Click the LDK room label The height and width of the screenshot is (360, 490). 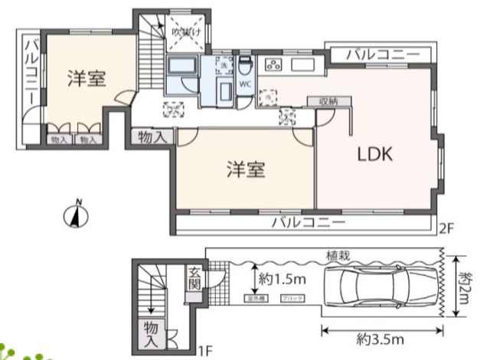point(375,154)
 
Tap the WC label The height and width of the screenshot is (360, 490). point(245,84)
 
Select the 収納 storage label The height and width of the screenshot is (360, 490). point(320,101)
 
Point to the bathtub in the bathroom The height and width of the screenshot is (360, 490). point(182,67)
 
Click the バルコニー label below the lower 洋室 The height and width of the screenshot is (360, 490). point(309,223)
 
